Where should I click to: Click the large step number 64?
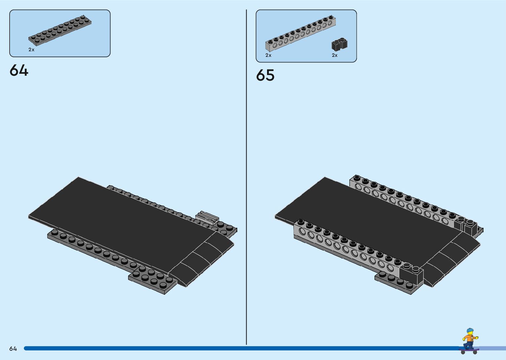coord(19,70)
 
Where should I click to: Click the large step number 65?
coord(265,75)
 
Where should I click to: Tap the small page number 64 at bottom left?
coord(13,348)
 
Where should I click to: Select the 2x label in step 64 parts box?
coord(31,50)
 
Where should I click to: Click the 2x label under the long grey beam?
coord(268,55)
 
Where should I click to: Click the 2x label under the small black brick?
coord(335,55)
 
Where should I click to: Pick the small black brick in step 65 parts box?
coord(339,45)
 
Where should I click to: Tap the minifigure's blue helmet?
coord(470,331)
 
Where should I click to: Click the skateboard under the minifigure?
coord(469,349)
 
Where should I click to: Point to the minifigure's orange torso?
coord(468,339)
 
